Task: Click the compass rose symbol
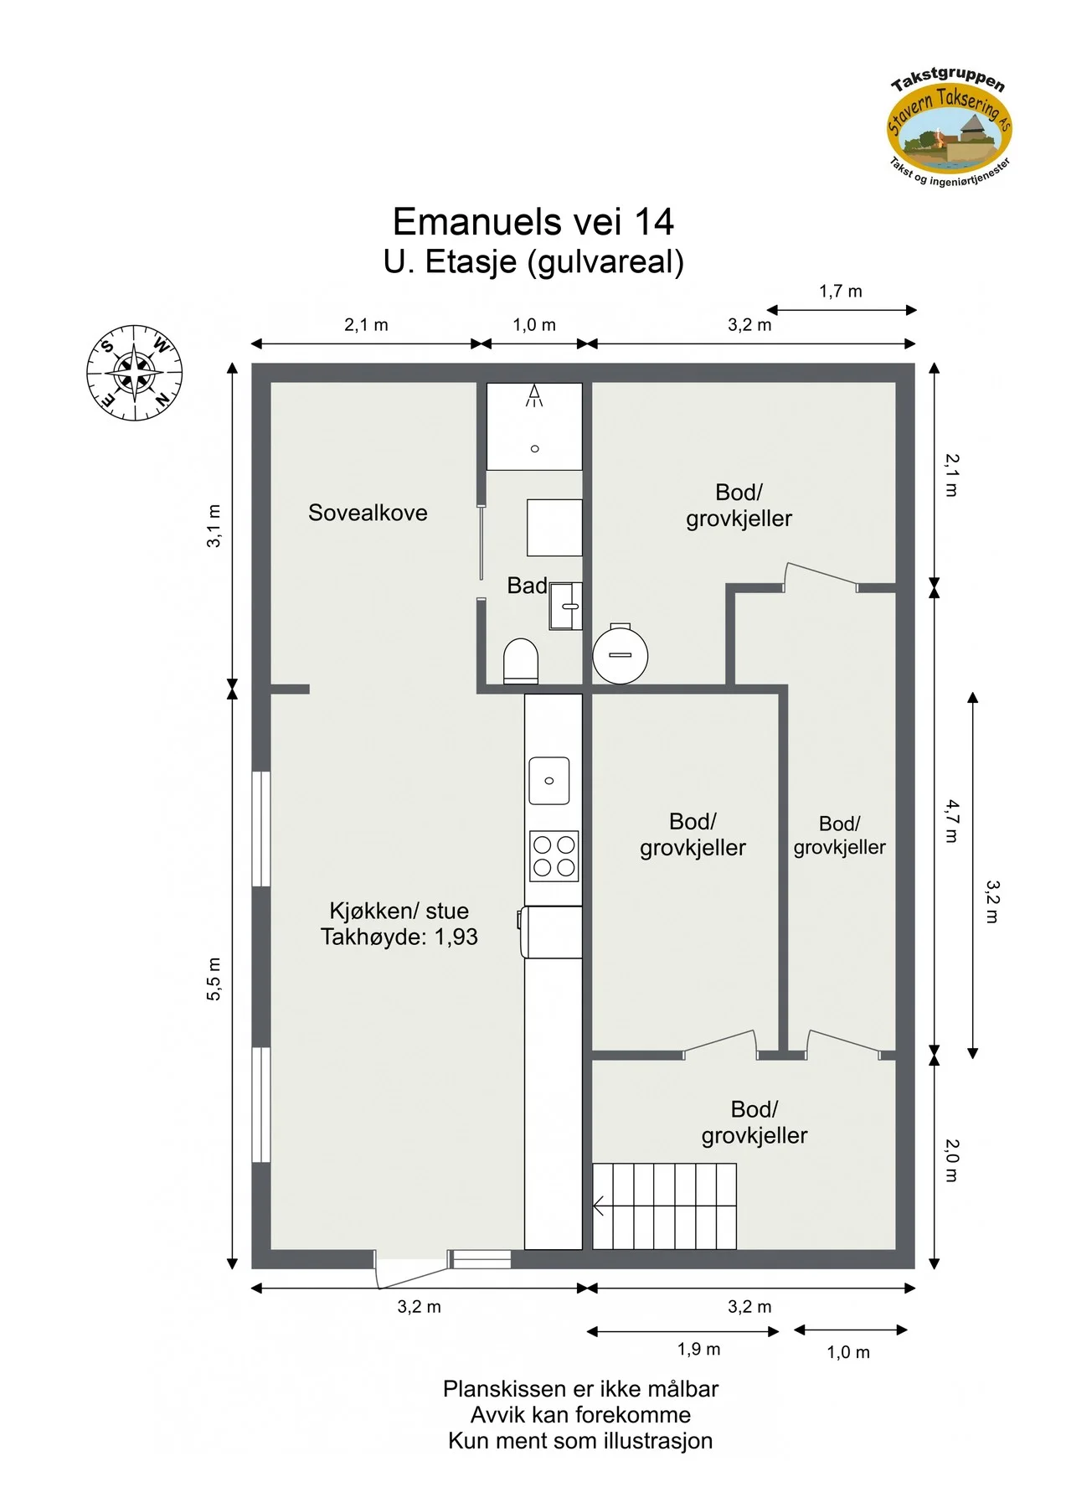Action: (134, 372)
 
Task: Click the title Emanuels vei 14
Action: (533, 221)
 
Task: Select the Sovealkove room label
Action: (368, 513)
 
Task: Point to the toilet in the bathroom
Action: (520, 662)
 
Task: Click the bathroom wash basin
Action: (566, 606)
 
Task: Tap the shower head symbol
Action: (534, 395)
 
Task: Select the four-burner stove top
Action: (554, 856)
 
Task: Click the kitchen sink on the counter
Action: (549, 781)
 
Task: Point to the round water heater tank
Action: (620, 654)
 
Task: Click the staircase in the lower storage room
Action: (664, 1206)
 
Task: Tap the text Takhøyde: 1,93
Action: (399, 937)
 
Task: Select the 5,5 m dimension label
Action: (214, 979)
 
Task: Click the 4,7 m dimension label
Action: (952, 821)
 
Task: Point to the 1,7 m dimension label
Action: (840, 292)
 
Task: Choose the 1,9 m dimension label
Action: (698, 1349)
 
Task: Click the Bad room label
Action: (527, 586)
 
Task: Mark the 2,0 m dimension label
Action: (952, 1160)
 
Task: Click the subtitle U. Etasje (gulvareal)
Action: (533, 262)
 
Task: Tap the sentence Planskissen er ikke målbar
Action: (580, 1389)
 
